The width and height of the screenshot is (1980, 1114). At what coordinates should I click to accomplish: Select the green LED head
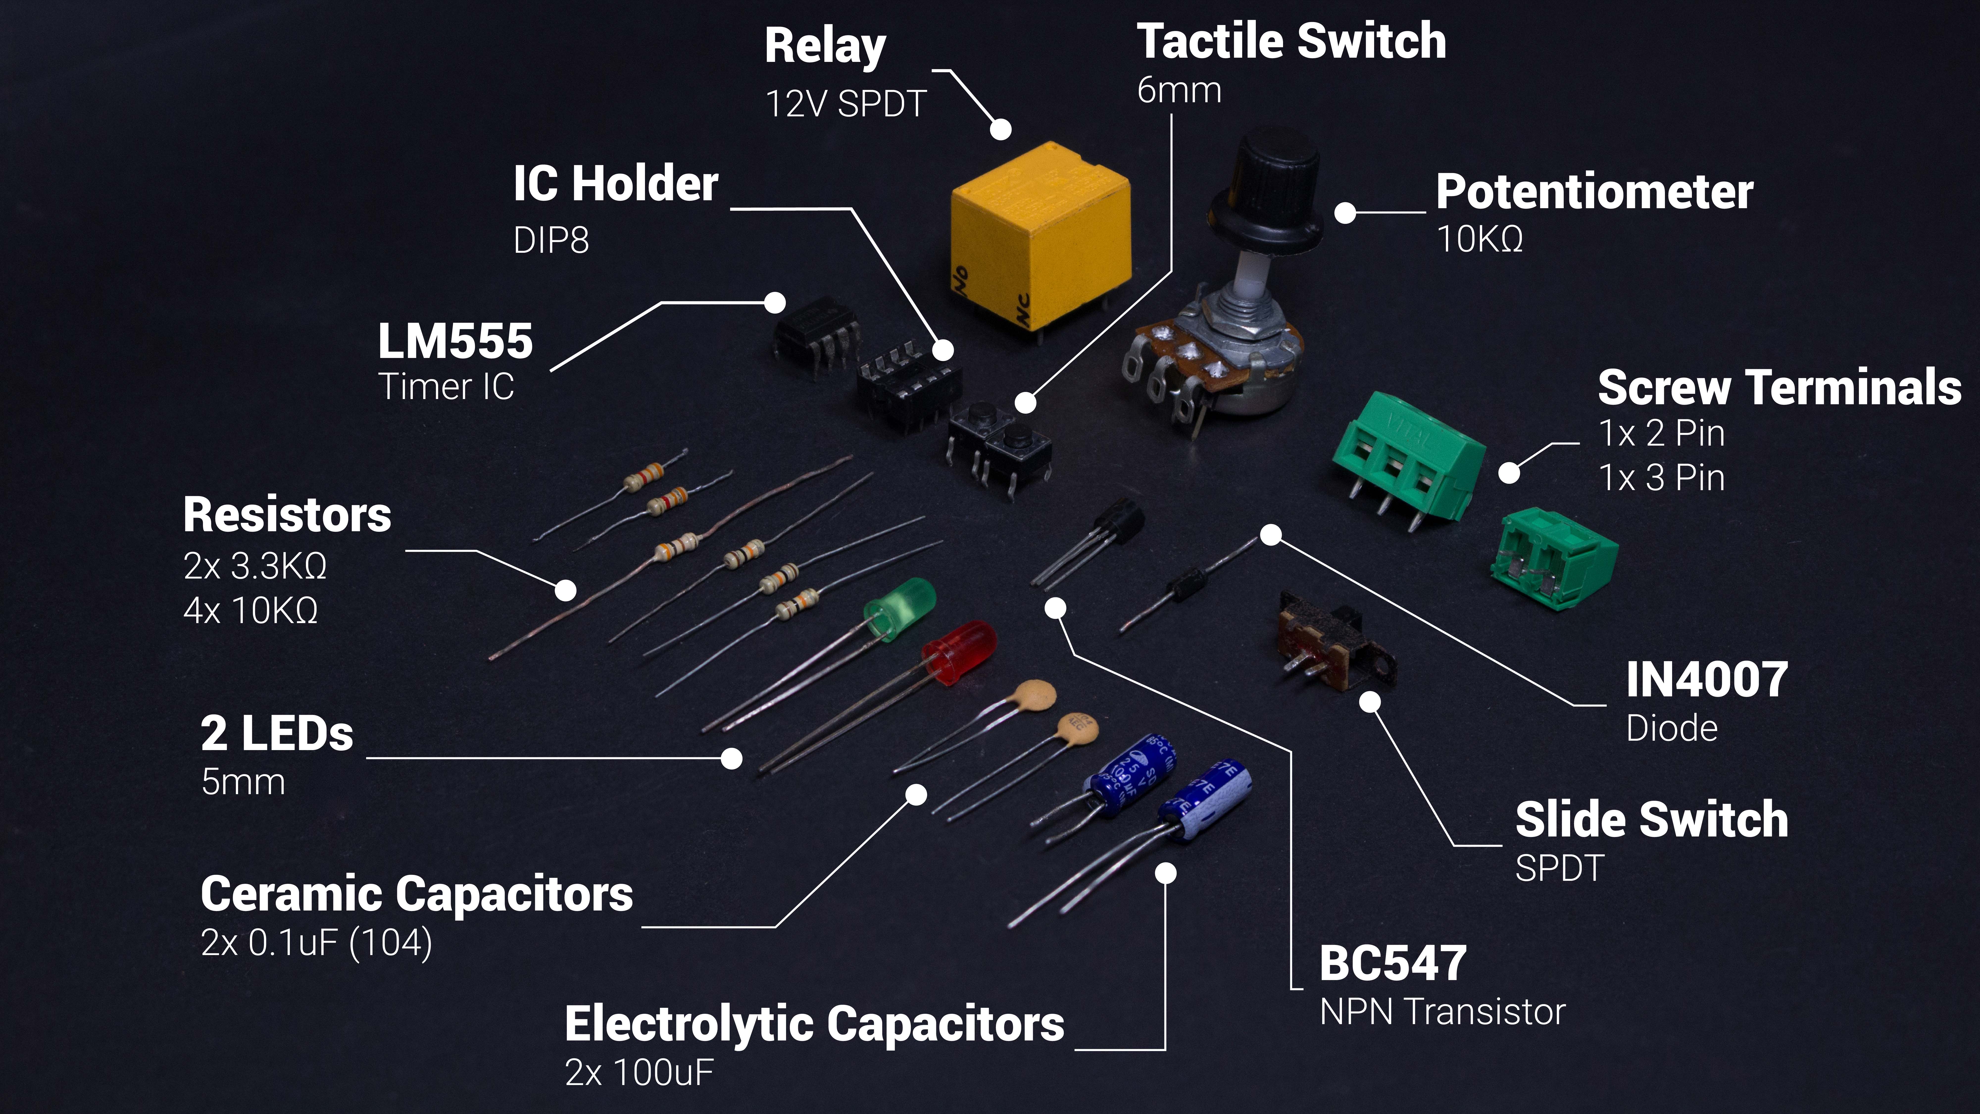(901, 607)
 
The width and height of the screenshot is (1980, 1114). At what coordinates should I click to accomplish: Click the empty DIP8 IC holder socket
(907, 384)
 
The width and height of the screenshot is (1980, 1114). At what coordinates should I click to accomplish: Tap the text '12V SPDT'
(845, 104)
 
